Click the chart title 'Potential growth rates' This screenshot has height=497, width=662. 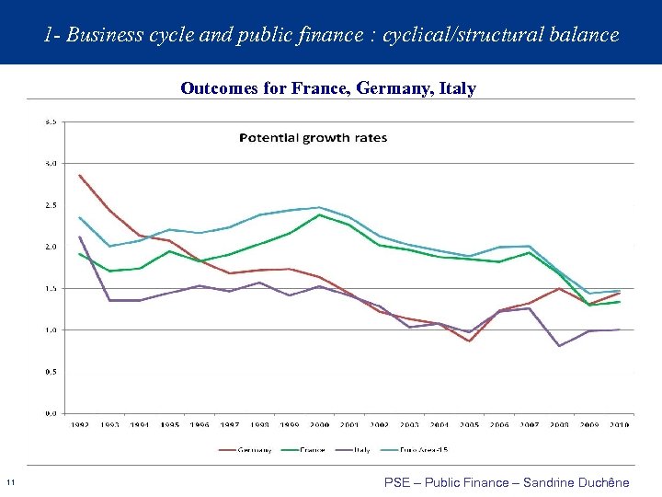coord(314,138)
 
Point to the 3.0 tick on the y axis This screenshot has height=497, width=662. coord(51,163)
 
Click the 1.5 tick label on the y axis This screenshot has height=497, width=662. coord(51,288)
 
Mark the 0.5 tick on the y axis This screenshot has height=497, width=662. coord(51,372)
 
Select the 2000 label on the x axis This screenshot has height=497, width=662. coord(320,425)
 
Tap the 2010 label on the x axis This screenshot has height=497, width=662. coord(621,425)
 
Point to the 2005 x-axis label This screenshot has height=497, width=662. coord(470,425)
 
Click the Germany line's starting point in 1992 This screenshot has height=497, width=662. coord(80,175)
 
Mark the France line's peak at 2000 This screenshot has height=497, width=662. coord(320,214)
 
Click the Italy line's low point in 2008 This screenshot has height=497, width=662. coord(560,346)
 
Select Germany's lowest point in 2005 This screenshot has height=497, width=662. coord(470,341)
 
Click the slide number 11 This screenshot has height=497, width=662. coord(10,483)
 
